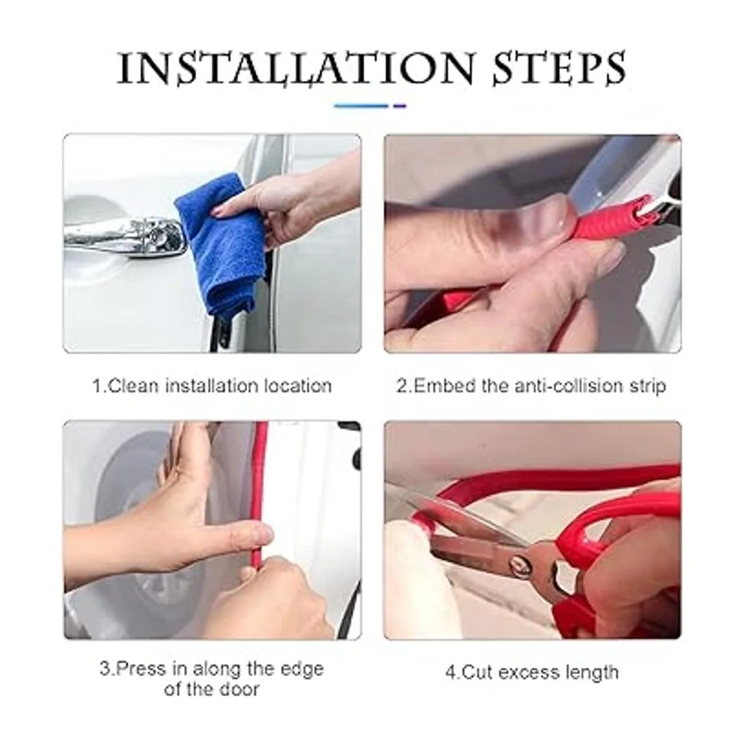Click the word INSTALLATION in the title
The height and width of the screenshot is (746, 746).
pos(296,69)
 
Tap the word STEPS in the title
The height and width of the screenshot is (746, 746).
pos(559,69)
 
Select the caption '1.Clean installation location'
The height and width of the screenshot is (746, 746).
pos(212,386)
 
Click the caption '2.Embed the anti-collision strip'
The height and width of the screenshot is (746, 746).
pos(531,386)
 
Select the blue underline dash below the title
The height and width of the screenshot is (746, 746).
pos(361,106)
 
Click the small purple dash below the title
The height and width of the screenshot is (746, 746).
pos(400,106)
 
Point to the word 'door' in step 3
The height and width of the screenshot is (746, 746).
pos(238,689)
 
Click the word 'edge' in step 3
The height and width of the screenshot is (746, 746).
pos(302,670)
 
